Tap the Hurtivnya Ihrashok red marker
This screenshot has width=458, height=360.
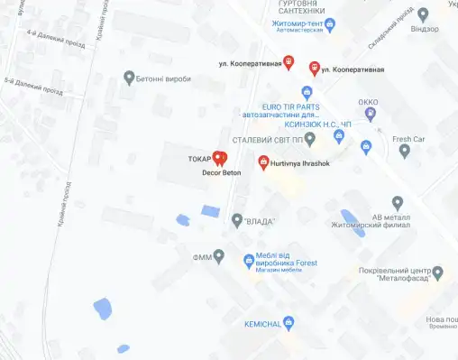tap(263, 162)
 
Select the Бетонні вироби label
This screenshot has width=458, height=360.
tap(166, 78)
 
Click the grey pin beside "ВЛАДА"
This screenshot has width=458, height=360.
tap(237, 219)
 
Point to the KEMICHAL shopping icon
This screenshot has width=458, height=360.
tap(289, 322)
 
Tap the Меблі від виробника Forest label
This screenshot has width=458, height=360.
tap(286, 258)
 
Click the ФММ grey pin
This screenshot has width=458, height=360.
tap(218, 257)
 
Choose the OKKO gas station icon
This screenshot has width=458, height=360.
tap(371, 113)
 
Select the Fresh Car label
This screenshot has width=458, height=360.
tap(408, 139)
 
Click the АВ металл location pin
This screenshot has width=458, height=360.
tap(398, 202)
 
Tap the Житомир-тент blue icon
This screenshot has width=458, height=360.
tap(331, 23)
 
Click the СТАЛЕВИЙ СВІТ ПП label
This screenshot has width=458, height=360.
tap(267, 140)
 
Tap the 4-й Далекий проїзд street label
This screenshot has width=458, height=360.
tap(56, 40)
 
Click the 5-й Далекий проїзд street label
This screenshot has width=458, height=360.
tap(33, 85)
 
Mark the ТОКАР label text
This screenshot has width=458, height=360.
tap(198, 159)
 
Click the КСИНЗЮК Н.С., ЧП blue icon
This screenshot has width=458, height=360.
tap(339, 136)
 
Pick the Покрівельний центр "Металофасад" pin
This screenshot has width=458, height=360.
tap(437, 272)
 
